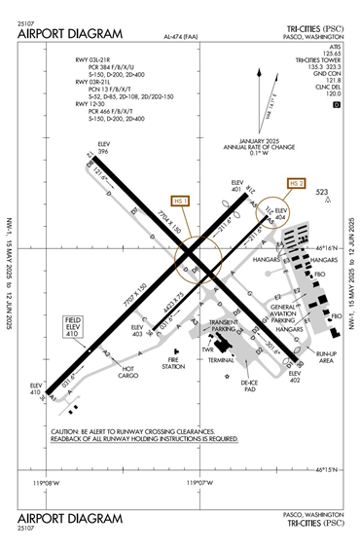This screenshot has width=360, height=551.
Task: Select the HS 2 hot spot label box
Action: coord(297,183)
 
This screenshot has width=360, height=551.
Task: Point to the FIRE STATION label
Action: coord(173,363)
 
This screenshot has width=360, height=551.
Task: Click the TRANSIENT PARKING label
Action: coord(225,326)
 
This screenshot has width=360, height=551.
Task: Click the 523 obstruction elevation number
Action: coord(322,193)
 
